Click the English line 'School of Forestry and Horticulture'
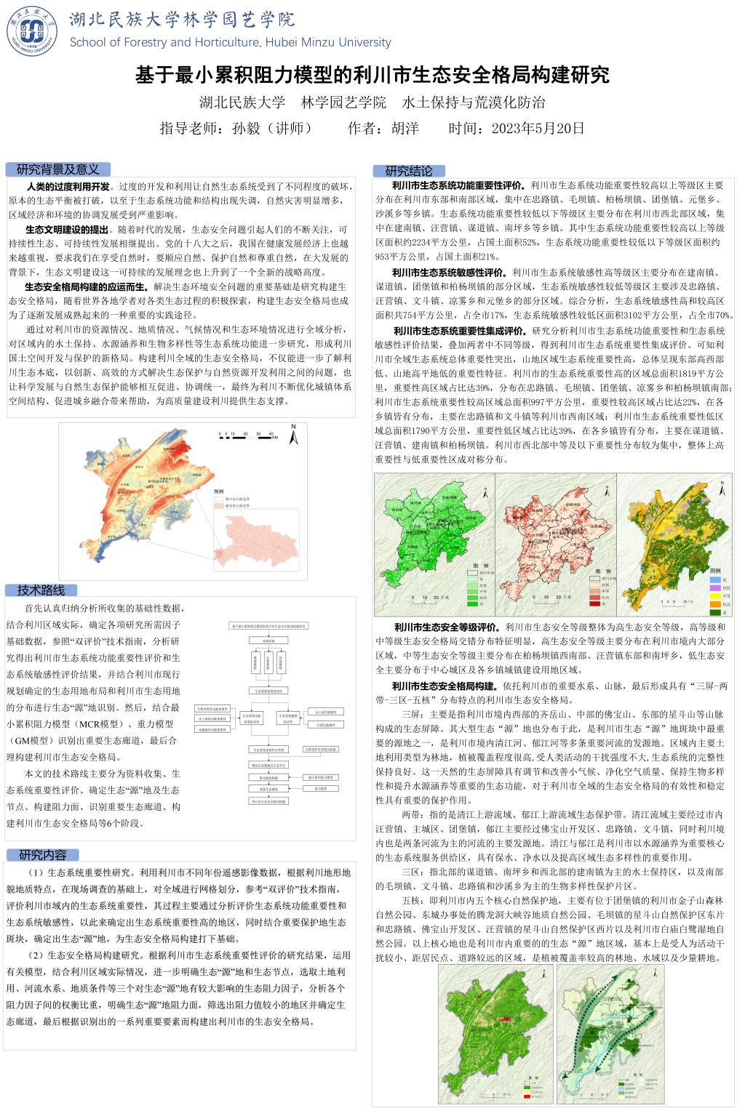click(230, 42)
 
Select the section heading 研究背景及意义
click(57, 169)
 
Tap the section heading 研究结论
click(408, 171)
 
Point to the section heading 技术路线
click(41, 590)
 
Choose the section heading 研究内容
click(42, 854)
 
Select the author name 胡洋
click(405, 129)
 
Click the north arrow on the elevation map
click(293, 435)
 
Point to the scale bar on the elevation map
click(247, 435)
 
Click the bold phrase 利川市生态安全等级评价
click(446, 626)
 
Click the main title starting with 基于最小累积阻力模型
click(372, 74)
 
